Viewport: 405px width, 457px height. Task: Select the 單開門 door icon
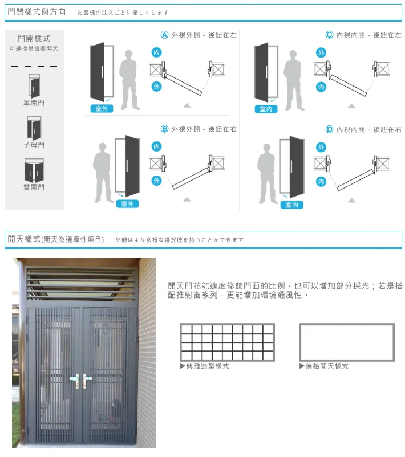pyautogui.click(x=34, y=86)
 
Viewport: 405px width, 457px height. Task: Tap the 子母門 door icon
pyautogui.click(x=34, y=128)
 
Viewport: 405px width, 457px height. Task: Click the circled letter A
pyautogui.click(x=164, y=35)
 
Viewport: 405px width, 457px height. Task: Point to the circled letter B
pyautogui.click(x=164, y=129)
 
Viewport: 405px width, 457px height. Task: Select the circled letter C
pyautogui.click(x=329, y=35)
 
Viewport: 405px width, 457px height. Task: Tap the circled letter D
pyautogui.click(x=329, y=129)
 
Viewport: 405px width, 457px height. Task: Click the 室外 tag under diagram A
pyautogui.click(x=102, y=109)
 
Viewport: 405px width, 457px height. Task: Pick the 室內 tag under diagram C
pyautogui.click(x=266, y=109)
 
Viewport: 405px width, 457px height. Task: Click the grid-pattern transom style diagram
pyautogui.click(x=227, y=342)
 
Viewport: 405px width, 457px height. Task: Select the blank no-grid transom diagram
pyautogui.click(x=346, y=342)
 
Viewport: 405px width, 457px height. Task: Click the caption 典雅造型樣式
pyautogui.click(x=207, y=366)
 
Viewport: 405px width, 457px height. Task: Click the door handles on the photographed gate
pyautogui.click(x=80, y=378)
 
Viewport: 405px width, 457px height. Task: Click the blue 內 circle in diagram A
pyautogui.click(x=157, y=52)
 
